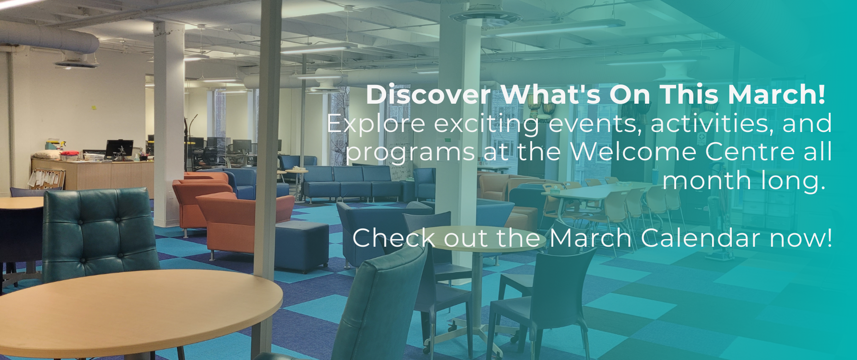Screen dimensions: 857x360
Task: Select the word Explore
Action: [x=376, y=123]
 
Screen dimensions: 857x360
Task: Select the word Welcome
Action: [x=633, y=152]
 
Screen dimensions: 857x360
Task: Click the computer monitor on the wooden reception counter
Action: [x=119, y=148]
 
